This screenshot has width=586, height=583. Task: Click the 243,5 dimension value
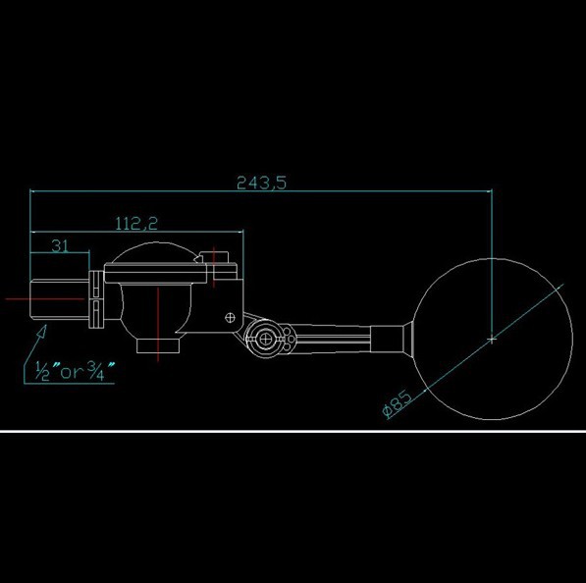[262, 183]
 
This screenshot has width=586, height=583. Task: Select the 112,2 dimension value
[136, 223]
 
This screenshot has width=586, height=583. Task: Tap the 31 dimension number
[60, 246]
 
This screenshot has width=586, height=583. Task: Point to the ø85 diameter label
[398, 403]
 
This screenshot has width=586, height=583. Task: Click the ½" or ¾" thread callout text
[75, 370]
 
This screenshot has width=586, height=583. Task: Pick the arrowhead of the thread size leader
[42, 331]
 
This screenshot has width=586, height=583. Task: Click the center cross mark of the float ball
[492, 340]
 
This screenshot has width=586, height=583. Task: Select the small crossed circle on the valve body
[230, 318]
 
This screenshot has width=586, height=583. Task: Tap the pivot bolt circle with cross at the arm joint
[265, 340]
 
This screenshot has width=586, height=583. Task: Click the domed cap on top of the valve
[155, 252]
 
